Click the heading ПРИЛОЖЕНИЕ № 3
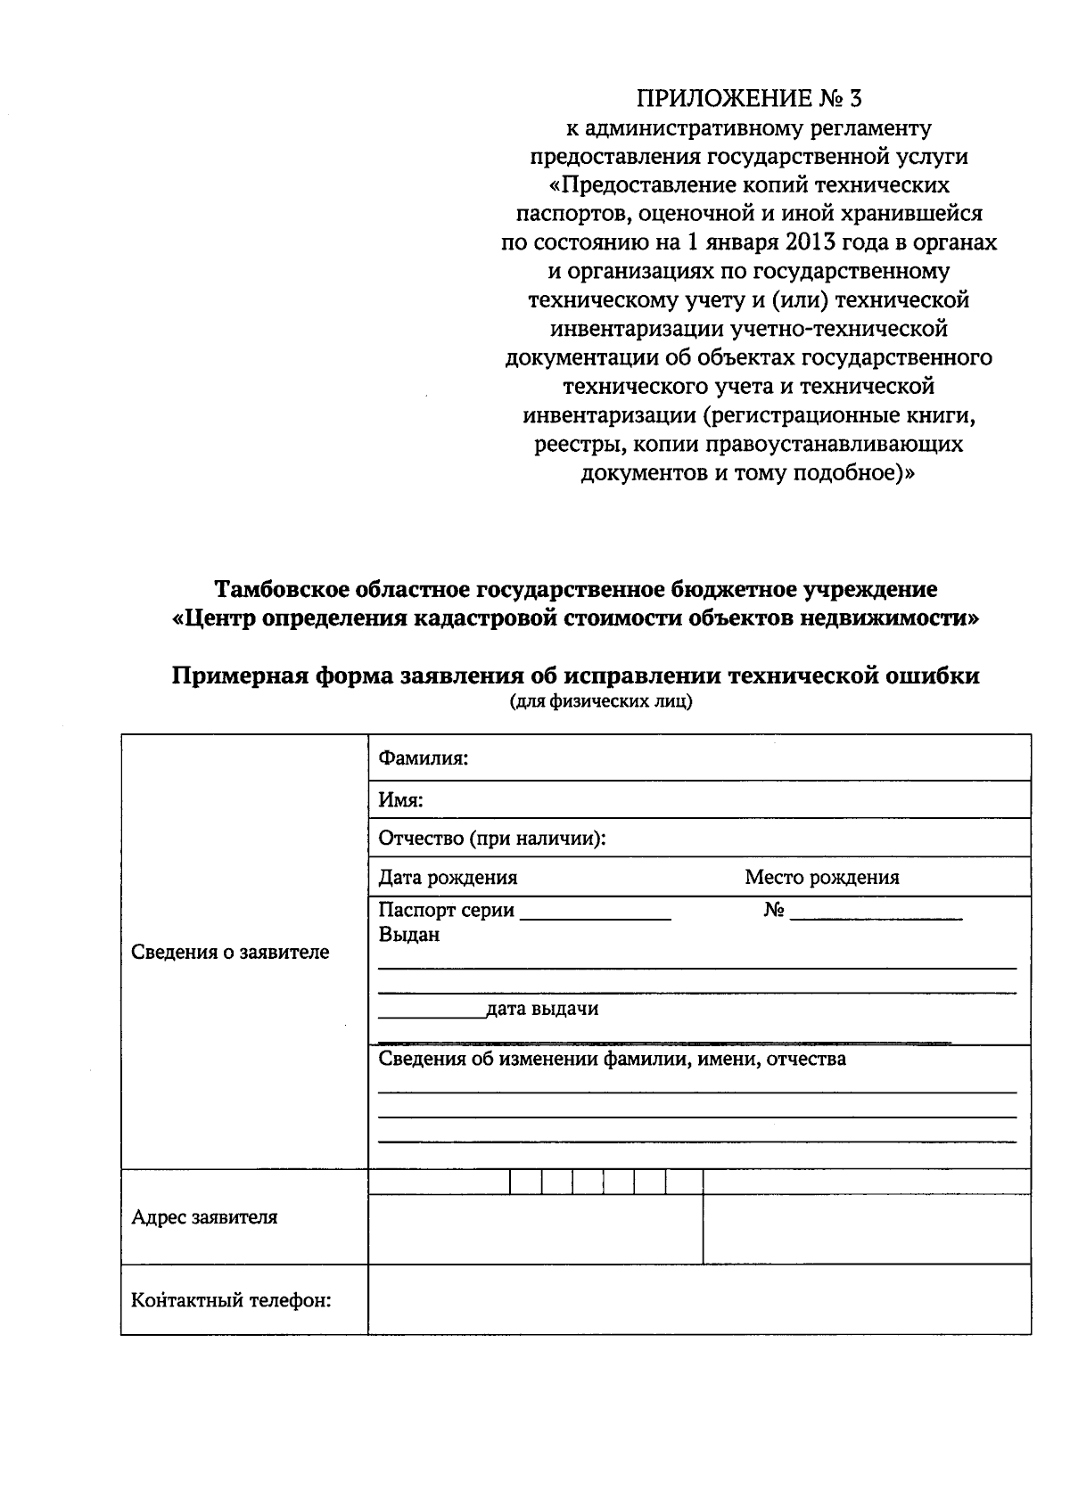pyautogui.click(x=748, y=98)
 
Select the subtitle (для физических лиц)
pyautogui.click(x=600, y=701)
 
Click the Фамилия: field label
pyautogui.click(x=424, y=758)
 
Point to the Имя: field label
pyautogui.click(x=400, y=800)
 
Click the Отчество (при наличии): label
pyautogui.click(x=492, y=839)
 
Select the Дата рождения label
pyautogui.click(x=448, y=877)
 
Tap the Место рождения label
pyautogui.click(x=822, y=877)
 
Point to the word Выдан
pyautogui.click(x=408, y=936)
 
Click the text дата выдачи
pyautogui.click(x=542, y=1009)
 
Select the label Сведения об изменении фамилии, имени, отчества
pyautogui.click(x=612, y=1059)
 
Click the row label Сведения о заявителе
pyautogui.click(x=230, y=952)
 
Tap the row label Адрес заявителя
pyautogui.click(x=204, y=1217)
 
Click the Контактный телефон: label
pyautogui.click(x=231, y=1301)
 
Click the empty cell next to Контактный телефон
pyautogui.click(x=699, y=1299)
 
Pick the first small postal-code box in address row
pyautogui.click(x=525, y=1183)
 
